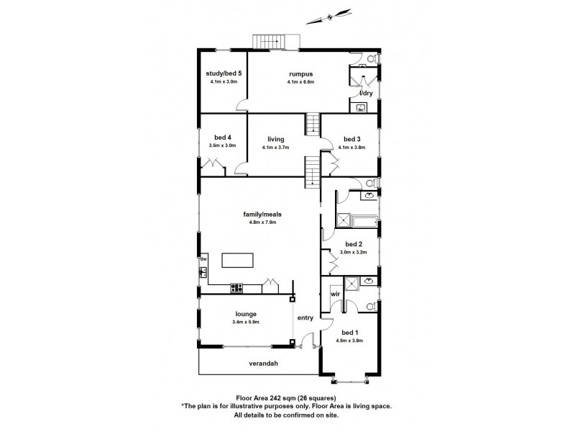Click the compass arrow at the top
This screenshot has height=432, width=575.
(x=330, y=14)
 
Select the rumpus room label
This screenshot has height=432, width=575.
(x=300, y=73)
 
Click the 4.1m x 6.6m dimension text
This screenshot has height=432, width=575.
(x=300, y=82)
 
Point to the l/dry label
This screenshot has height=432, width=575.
(x=365, y=94)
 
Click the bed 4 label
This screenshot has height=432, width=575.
(x=223, y=138)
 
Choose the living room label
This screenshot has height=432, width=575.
(x=277, y=139)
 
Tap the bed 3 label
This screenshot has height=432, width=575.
(x=351, y=139)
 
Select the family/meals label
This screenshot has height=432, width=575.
(x=259, y=214)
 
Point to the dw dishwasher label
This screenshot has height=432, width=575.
(x=203, y=258)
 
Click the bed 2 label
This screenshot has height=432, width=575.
(x=353, y=244)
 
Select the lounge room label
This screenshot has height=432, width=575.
(x=245, y=314)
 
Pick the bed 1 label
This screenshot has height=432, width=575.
(x=349, y=333)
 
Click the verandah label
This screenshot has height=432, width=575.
(x=264, y=364)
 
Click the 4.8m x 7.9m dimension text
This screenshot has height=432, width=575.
(x=259, y=222)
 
